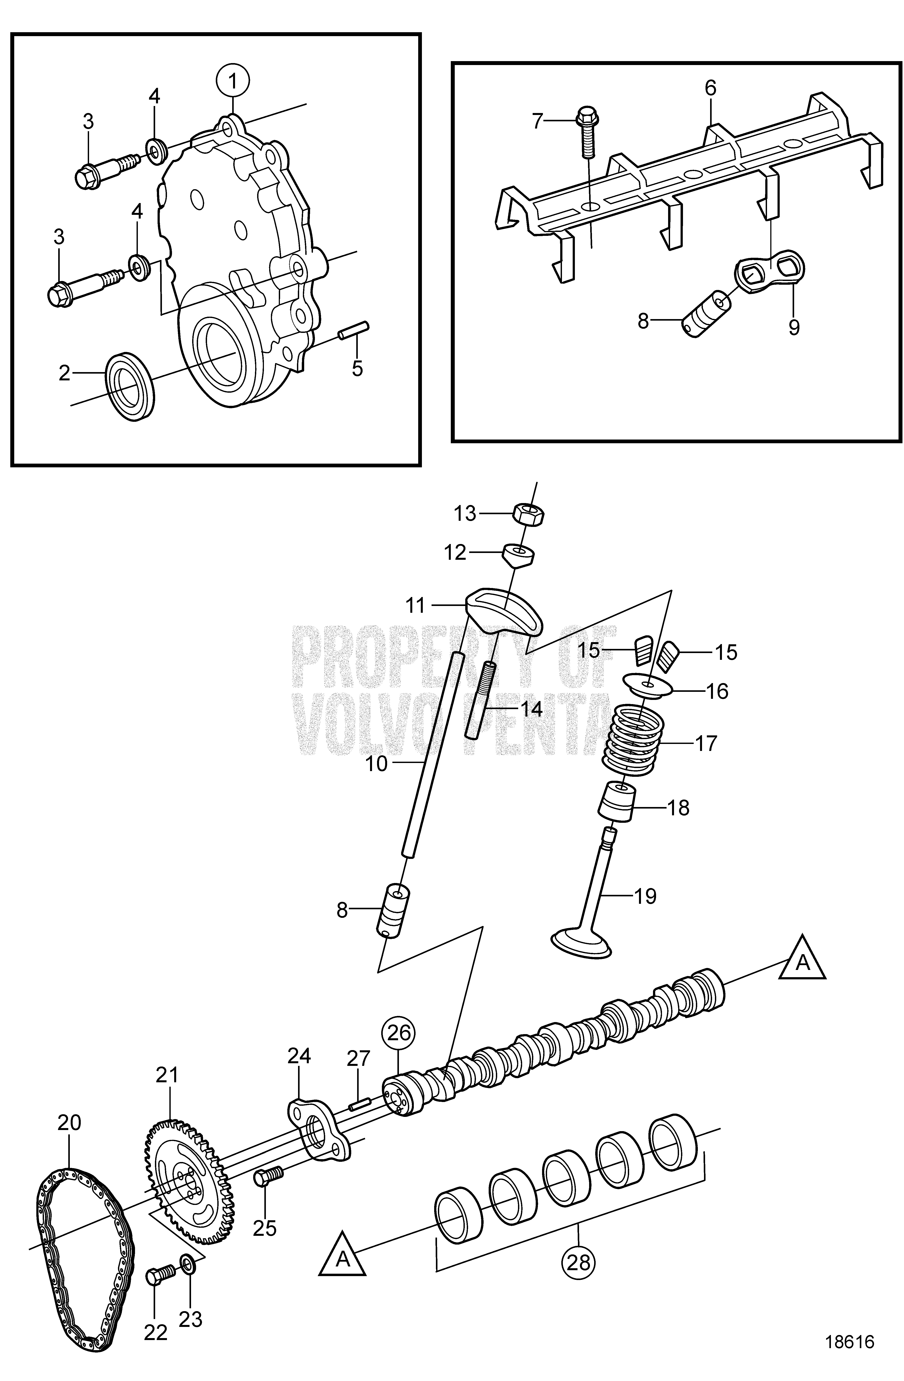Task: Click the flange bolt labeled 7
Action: [x=587, y=132]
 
